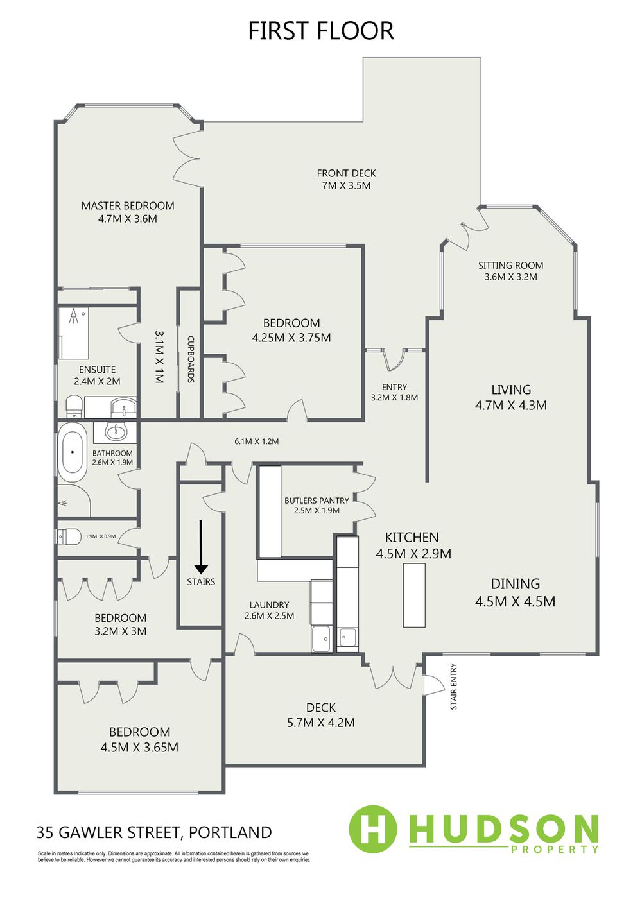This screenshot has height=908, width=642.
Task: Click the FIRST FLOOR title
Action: click(x=321, y=31)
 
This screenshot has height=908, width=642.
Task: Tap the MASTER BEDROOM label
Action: click(x=128, y=205)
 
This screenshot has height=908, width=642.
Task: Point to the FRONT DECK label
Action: click(x=346, y=173)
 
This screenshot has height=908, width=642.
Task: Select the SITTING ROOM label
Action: click(x=510, y=266)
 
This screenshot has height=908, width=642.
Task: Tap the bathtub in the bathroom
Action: click(x=73, y=452)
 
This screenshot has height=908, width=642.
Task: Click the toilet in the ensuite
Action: click(x=74, y=406)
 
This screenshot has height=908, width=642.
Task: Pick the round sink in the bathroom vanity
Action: click(x=115, y=432)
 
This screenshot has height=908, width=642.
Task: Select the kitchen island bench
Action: click(x=414, y=595)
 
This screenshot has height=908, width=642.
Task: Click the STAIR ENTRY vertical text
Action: click(x=453, y=686)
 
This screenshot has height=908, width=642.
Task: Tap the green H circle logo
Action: click(x=372, y=830)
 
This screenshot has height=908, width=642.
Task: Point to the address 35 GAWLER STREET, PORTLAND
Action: click(x=154, y=832)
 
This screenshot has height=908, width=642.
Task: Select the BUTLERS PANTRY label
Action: click(x=317, y=501)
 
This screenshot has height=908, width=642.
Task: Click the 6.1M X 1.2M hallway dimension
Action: click(x=257, y=441)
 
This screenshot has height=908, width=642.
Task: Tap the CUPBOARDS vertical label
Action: click(x=191, y=359)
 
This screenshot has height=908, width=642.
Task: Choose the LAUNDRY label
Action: click(x=269, y=605)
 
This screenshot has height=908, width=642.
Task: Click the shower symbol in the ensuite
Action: click(x=74, y=316)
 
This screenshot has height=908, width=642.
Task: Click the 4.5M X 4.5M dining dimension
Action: click(x=515, y=601)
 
